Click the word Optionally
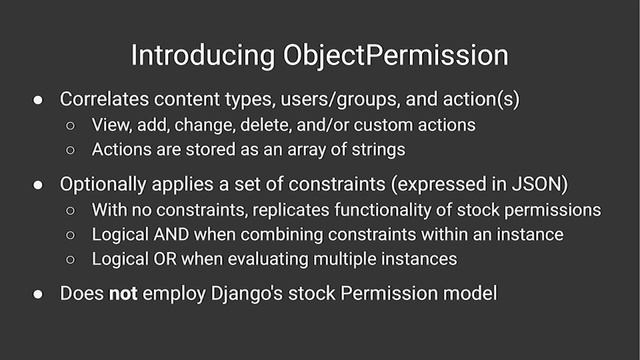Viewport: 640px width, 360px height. pos(105,185)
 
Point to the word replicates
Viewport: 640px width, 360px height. pos(296,210)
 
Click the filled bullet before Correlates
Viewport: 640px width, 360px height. pos(36,100)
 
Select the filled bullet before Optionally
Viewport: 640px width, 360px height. pos(36,185)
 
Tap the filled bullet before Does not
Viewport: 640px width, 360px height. pos(36,294)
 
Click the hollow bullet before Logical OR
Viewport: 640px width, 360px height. pos(72,260)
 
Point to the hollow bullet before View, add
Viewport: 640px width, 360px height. pos(72,126)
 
